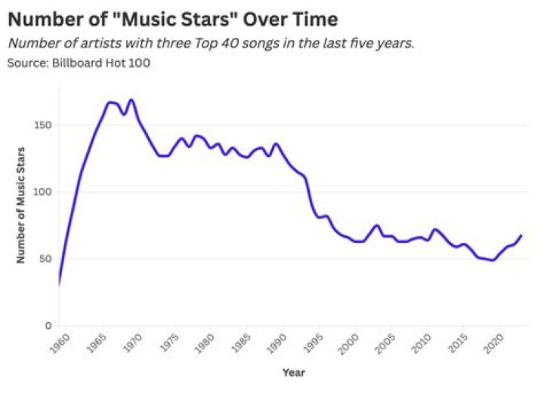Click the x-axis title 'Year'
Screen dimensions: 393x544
pyautogui.click(x=294, y=372)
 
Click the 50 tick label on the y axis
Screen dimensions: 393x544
pyautogui.click(x=45, y=259)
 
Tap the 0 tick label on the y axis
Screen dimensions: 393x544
pyautogui.click(x=48, y=325)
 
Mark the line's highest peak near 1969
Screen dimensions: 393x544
pyautogui.click(x=131, y=100)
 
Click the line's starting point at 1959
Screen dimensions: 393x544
pyautogui.click(x=59, y=284)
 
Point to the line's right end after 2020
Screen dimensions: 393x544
pyautogui.click(x=521, y=235)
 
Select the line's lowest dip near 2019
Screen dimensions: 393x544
pyautogui.click(x=493, y=260)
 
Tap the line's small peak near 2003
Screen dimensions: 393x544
pyautogui.click(x=376, y=226)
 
